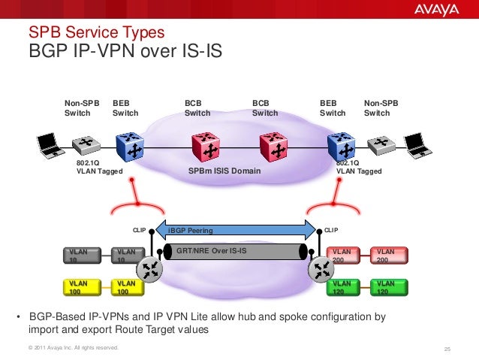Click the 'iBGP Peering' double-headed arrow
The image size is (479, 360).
(233, 230)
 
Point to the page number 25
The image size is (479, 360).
(447, 348)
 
